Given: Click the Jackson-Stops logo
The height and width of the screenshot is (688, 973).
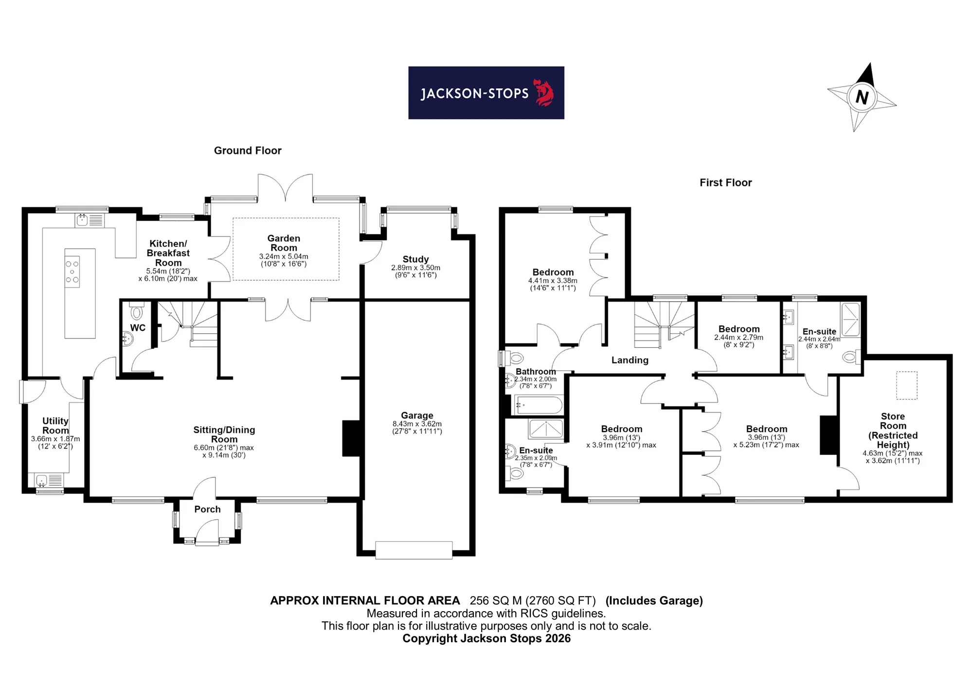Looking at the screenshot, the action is pyautogui.click(x=486, y=93).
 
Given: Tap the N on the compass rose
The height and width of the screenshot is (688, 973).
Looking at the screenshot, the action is pyautogui.click(x=862, y=97).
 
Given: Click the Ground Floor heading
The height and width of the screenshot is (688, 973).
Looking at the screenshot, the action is pyautogui.click(x=248, y=151).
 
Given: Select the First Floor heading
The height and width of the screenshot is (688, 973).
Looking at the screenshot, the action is pyautogui.click(x=725, y=182).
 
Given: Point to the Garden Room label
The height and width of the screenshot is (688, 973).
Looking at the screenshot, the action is pyautogui.click(x=284, y=243).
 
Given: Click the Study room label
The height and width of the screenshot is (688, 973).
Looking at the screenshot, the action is pyautogui.click(x=415, y=259).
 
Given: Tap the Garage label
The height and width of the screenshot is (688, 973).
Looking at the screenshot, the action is pyautogui.click(x=417, y=415).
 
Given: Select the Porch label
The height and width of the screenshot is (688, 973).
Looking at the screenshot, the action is pyautogui.click(x=207, y=509).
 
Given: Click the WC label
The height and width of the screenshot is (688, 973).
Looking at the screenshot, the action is pyautogui.click(x=138, y=328).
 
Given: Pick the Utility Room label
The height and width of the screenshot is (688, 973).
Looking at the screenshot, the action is pyautogui.click(x=55, y=426).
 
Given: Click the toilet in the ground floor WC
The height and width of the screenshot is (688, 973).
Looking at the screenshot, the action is pyautogui.click(x=137, y=310).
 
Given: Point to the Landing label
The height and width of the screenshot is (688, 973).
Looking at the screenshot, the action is pyautogui.click(x=630, y=360).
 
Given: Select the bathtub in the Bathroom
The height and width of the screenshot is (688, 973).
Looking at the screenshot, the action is pyautogui.click(x=539, y=405).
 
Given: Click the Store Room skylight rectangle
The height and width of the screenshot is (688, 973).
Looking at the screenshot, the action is pyautogui.click(x=907, y=385).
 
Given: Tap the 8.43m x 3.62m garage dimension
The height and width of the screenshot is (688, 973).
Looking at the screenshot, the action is pyautogui.click(x=417, y=424).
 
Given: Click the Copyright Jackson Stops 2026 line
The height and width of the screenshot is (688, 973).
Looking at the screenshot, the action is pyautogui.click(x=486, y=638).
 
